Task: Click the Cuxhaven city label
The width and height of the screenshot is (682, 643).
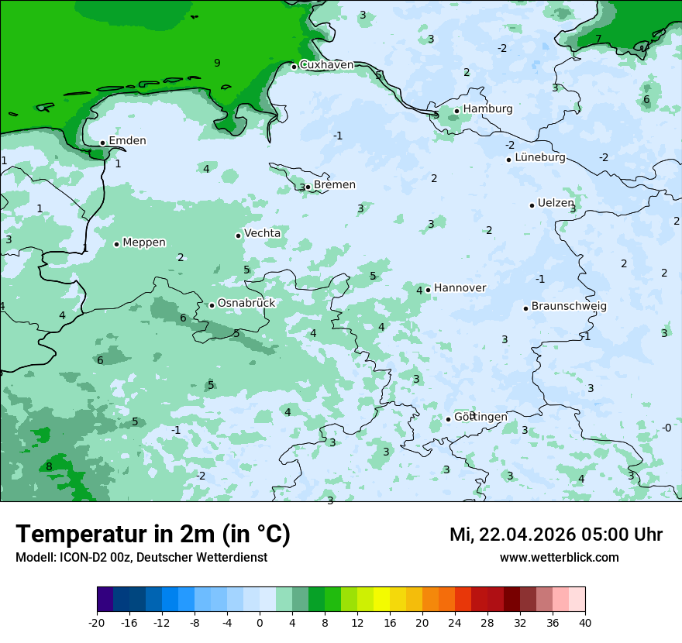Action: [x=326, y=65]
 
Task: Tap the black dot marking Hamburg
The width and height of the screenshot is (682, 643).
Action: [x=457, y=111]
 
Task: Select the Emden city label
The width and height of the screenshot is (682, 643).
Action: [x=127, y=141]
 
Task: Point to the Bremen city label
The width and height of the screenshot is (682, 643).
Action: [x=335, y=185]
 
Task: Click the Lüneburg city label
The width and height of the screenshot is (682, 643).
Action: [x=540, y=157]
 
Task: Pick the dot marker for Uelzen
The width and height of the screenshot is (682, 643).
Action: [x=532, y=205]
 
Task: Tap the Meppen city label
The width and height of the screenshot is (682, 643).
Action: [x=144, y=242]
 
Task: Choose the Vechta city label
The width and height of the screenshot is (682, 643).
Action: [x=263, y=233]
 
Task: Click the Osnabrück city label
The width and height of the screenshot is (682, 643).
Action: [x=246, y=304]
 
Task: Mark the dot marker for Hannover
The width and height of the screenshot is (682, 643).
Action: [x=428, y=291]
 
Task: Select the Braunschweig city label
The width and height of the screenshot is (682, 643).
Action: [x=569, y=307]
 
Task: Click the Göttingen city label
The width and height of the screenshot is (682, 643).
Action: [x=480, y=418]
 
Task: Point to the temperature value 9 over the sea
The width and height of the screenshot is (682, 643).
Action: [x=217, y=64]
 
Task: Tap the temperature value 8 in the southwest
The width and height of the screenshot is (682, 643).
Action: [x=49, y=466]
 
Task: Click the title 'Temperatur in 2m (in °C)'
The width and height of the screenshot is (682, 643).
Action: [x=153, y=535]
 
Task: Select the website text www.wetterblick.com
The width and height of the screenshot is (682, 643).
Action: [x=559, y=558]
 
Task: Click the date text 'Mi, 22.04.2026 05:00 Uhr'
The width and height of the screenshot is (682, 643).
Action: [x=556, y=535]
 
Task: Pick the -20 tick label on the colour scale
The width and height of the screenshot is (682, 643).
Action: [x=97, y=623]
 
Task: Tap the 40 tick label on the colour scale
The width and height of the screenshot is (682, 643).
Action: [x=585, y=623]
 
